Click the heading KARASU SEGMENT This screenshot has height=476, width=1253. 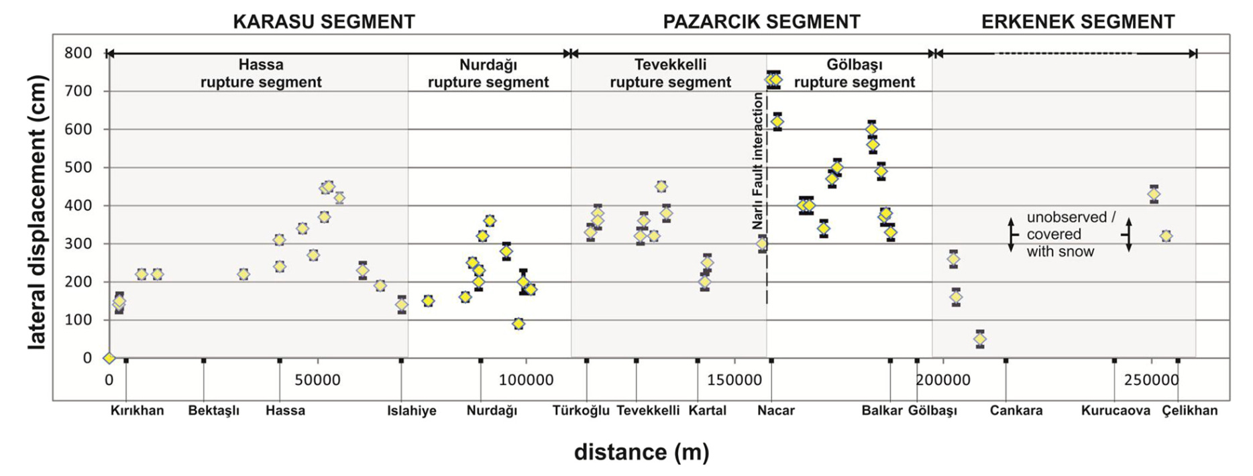coord(323,21)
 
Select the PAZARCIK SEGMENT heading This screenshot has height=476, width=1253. coord(761,21)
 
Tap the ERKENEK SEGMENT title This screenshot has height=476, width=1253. coord(1077,21)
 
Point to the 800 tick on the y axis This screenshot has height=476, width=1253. coord(78,53)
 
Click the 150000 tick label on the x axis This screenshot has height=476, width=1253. coord(734,380)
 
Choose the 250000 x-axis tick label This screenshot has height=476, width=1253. coord(1151,380)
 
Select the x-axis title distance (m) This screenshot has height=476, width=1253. coord(641,452)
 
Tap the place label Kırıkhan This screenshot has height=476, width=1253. coord(137,410)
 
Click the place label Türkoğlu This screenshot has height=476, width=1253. coord(581,410)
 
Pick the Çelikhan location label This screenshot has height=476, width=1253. coord(1189,410)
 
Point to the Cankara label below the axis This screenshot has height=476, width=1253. coord(1016,410)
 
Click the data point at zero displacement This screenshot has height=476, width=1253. coord(109,358)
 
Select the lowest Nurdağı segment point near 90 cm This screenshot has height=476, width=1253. coord(518,324)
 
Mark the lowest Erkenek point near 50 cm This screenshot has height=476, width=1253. coord(980,339)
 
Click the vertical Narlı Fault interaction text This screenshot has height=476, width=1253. coord(757,161)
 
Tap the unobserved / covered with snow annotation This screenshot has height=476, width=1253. coord(1071,235)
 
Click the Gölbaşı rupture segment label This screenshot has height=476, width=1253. coord(854,74)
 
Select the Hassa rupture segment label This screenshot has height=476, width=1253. coord(261,74)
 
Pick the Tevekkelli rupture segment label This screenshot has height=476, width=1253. coord(670,74)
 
